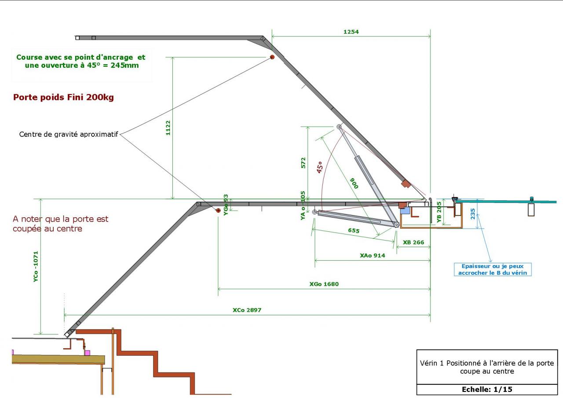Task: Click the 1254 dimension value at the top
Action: (351, 32)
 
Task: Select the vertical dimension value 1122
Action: (168, 128)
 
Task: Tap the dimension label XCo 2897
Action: (247, 310)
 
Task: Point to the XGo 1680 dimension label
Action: (324, 284)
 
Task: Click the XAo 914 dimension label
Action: (372, 256)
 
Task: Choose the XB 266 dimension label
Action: (413, 242)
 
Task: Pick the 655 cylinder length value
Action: (354, 230)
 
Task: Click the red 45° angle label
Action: (320, 166)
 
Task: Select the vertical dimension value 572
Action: (303, 163)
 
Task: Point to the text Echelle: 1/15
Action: (487, 390)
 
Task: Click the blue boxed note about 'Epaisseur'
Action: (492, 270)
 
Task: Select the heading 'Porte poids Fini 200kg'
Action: (63, 98)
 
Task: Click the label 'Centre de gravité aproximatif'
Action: (69, 135)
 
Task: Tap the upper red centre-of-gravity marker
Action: (272, 57)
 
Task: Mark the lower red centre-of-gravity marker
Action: (218, 211)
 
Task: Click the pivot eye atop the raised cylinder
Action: (339, 127)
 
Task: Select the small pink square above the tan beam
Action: (88, 353)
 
